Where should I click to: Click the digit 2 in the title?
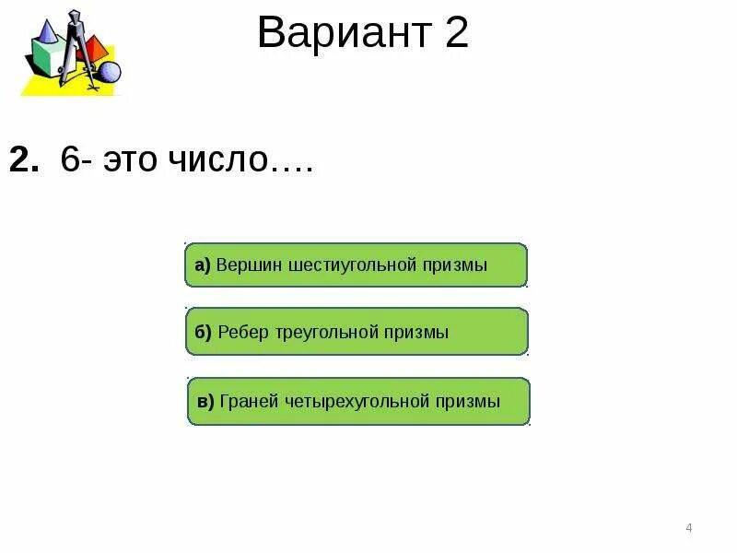tap(456, 34)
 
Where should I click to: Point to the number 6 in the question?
tap(69, 160)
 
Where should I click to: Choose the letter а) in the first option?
tap(203, 265)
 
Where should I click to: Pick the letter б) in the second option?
tap(203, 332)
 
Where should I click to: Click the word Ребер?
tap(243, 332)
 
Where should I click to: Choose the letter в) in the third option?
tap(205, 401)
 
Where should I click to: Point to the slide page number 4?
tap(689, 528)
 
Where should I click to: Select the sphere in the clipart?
tap(110, 72)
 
